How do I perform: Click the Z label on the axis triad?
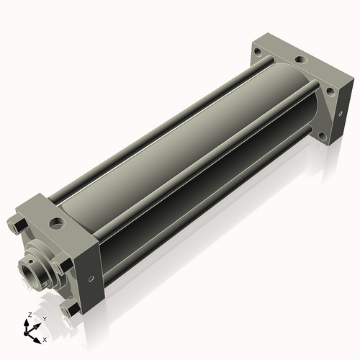tap(28, 315)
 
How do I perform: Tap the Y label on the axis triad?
tap(45, 318)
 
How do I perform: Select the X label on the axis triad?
tap(45, 338)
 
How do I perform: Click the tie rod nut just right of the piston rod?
tap(63, 265)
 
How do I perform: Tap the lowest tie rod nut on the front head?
tap(70, 310)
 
